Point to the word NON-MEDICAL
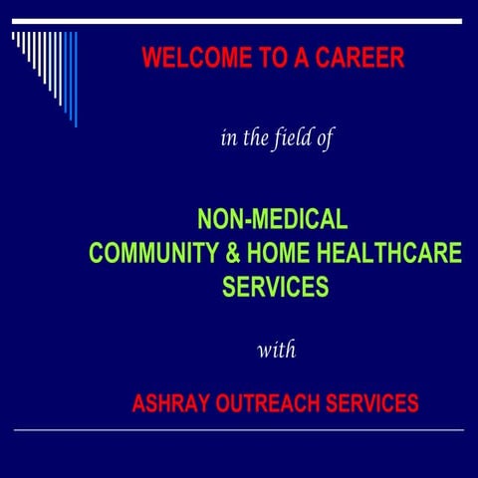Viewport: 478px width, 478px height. pyautogui.click(x=272, y=217)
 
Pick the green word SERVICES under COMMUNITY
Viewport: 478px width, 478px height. pyautogui.click(x=275, y=288)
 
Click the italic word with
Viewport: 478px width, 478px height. pyautogui.click(x=276, y=350)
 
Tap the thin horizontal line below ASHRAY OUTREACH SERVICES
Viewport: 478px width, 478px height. pyautogui.click(x=239, y=429)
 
